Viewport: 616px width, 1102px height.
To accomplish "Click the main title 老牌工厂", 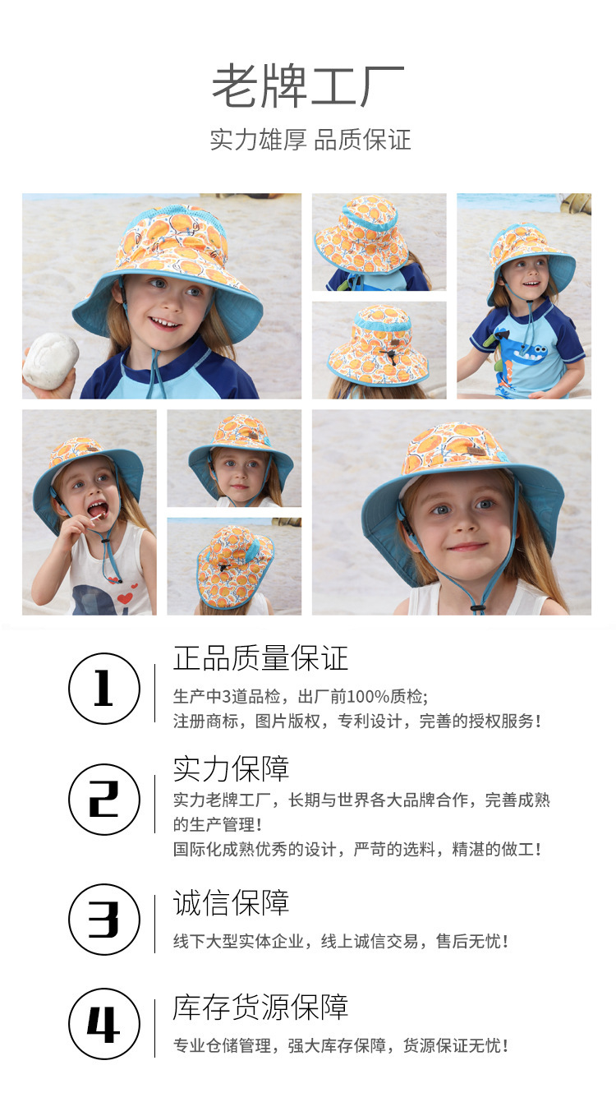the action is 308,86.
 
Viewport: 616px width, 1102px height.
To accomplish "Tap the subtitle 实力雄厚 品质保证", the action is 310,140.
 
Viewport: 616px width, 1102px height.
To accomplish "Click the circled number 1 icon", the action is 104,689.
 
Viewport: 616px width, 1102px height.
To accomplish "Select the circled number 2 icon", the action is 104,800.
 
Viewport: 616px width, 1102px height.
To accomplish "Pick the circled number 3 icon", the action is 104,920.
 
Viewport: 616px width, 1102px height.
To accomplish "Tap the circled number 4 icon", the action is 104,1024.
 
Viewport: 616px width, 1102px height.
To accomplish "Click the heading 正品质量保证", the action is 260,658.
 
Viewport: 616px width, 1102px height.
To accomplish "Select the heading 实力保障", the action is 231,769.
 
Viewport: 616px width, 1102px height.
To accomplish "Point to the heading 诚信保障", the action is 231,903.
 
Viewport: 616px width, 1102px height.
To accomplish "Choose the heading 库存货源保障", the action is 260,1007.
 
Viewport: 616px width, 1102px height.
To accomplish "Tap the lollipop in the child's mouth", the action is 95,517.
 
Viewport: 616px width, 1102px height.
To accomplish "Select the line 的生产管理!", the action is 218,824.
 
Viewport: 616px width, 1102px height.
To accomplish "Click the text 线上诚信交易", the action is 370,941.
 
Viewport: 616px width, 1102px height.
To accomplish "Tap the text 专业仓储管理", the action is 223,1045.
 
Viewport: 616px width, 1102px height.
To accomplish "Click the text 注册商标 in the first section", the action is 205,722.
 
